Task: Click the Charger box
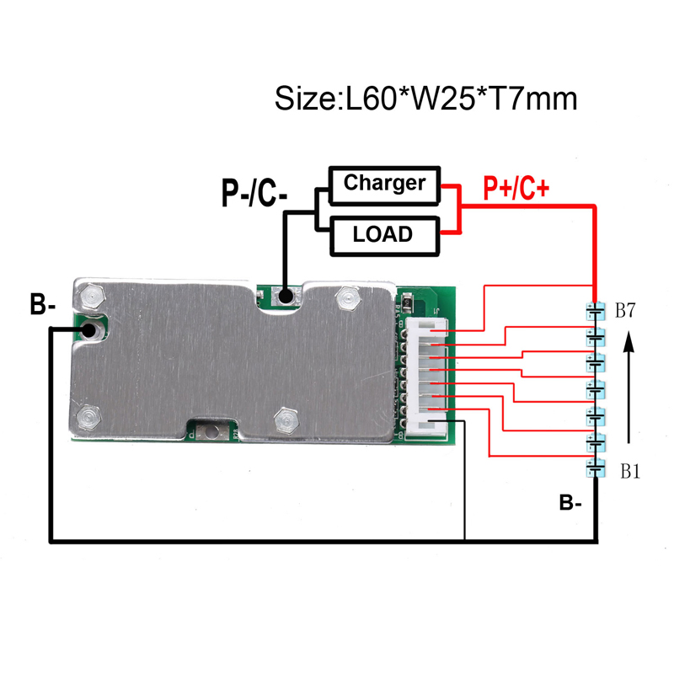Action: tap(385, 185)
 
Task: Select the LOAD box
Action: tap(385, 236)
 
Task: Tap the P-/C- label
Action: tap(254, 193)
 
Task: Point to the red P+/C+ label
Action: tap(516, 188)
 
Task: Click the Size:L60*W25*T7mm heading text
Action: tap(425, 99)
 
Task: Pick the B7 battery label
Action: tap(625, 310)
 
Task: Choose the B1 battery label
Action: tap(630, 472)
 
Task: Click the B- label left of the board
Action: tap(43, 304)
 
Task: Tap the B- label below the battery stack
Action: tap(570, 502)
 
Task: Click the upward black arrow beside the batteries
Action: tap(629, 387)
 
